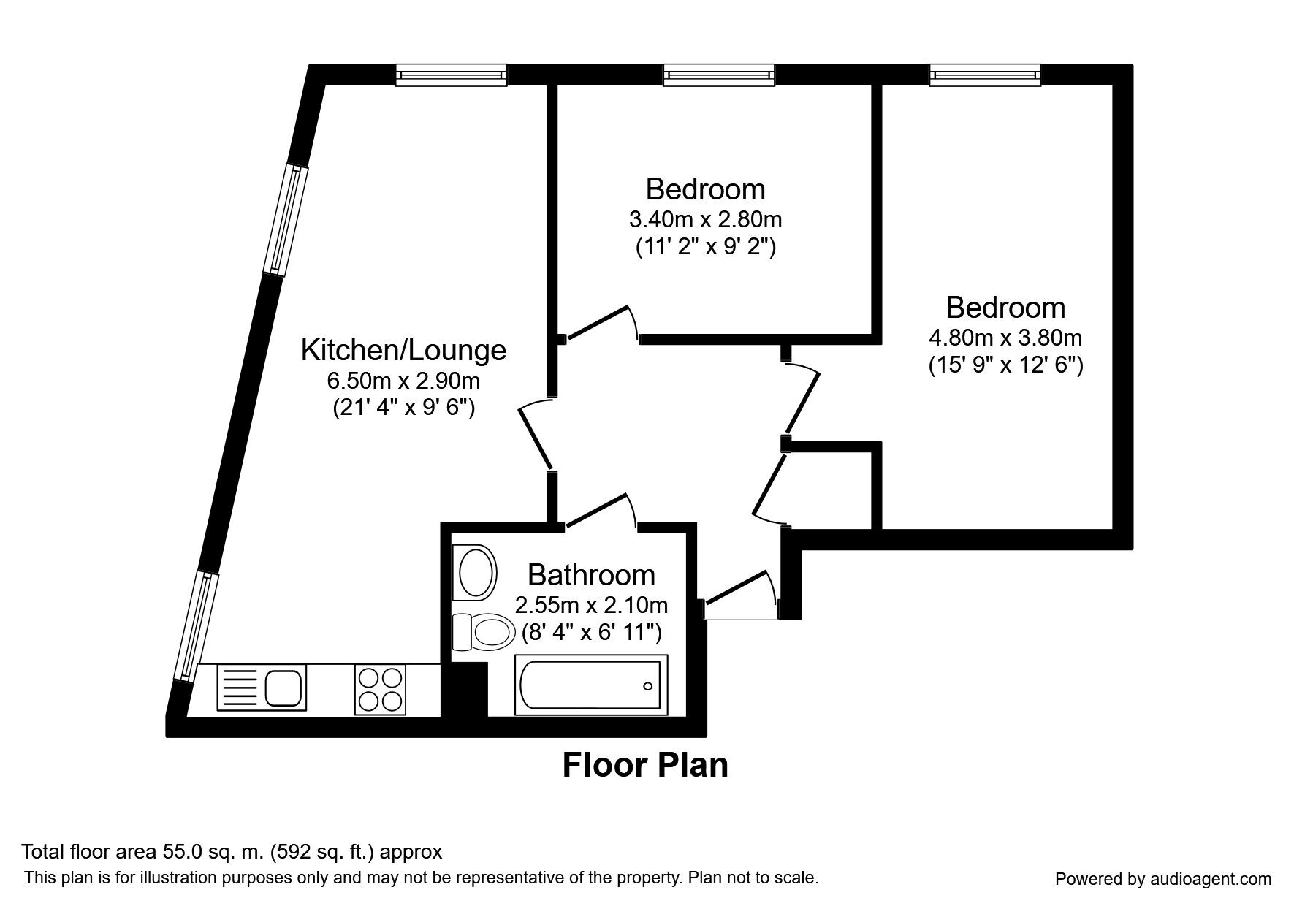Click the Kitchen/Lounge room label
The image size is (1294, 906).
click(403, 350)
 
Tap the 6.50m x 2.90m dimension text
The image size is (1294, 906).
click(403, 381)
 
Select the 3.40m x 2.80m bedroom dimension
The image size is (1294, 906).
click(705, 218)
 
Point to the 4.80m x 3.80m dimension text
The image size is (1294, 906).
click(1005, 338)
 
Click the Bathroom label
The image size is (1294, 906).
click(591, 575)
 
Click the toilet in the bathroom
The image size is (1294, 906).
click(482, 631)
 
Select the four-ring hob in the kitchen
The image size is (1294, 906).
click(380, 689)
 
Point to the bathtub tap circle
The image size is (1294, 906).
click(647, 686)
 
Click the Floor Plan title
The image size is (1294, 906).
click(645, 765)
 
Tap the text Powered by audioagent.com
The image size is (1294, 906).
click(1163, 879)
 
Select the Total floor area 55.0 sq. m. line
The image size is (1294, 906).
click(232, 852)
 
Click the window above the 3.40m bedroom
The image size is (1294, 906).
click(718, 74)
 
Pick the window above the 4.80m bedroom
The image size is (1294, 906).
click(984, 74)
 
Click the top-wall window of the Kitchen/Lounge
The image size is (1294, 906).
click(451, 74)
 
